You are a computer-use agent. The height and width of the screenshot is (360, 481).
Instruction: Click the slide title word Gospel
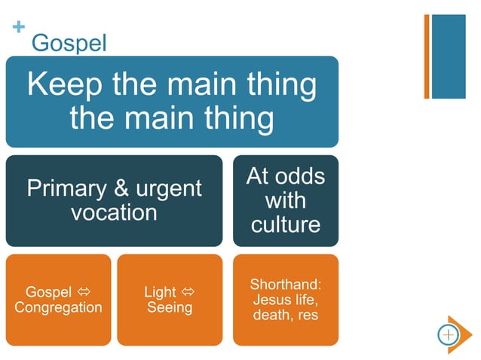tap(69, 43)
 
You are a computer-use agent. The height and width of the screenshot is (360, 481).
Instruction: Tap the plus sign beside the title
tap(19, 28)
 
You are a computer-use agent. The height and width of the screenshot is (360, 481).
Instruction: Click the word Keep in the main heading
tap(67, 84)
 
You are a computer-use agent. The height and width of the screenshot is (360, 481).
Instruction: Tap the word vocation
tap(114, 212)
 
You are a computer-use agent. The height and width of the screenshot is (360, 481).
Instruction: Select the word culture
tap(286, 224)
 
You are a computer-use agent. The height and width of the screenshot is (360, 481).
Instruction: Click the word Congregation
tap(58, 307)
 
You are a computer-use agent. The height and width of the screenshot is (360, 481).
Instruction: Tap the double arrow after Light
tap(188, 291)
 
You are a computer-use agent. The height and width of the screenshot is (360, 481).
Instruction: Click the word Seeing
tap(170, 307)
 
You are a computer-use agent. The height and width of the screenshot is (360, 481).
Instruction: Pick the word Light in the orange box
tap(160, 291)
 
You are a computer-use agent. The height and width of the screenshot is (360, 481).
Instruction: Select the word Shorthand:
tap(286, 285)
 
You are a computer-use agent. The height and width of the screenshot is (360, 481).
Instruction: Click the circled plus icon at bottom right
tap(448, 334)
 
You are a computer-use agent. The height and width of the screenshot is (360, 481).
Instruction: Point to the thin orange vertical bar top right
tap(427, 56)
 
